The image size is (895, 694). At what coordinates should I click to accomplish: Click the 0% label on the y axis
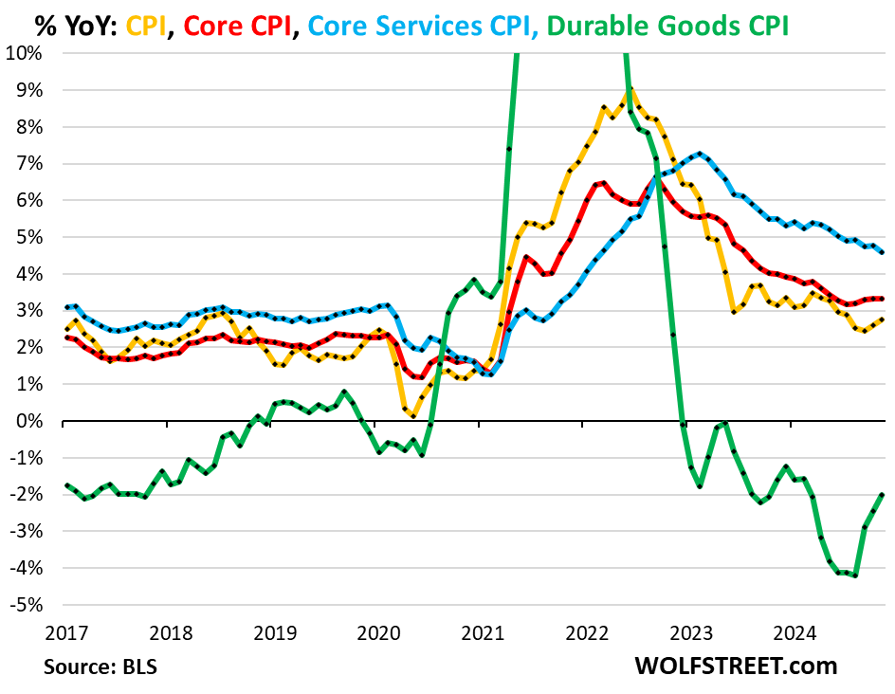[x=30, y=421]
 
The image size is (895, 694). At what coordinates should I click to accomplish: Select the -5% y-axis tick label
[x=28, y=605]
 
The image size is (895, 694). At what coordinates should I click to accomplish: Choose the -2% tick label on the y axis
[x=28, y=494]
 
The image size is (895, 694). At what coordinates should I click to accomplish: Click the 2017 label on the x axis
[x=64, y=630]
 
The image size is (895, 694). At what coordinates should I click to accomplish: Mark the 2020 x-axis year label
[x=377, y=630]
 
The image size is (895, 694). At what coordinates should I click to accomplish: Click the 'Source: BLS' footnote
[x=100, y=666]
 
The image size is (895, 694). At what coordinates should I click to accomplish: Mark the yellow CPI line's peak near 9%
[x=630, y=90]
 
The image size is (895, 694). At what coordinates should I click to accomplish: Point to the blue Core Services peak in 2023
[x=699, y=153]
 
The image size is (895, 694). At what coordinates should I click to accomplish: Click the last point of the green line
[x=884, y=494]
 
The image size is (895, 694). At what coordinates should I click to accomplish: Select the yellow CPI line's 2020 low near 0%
[x=414, y=415]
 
